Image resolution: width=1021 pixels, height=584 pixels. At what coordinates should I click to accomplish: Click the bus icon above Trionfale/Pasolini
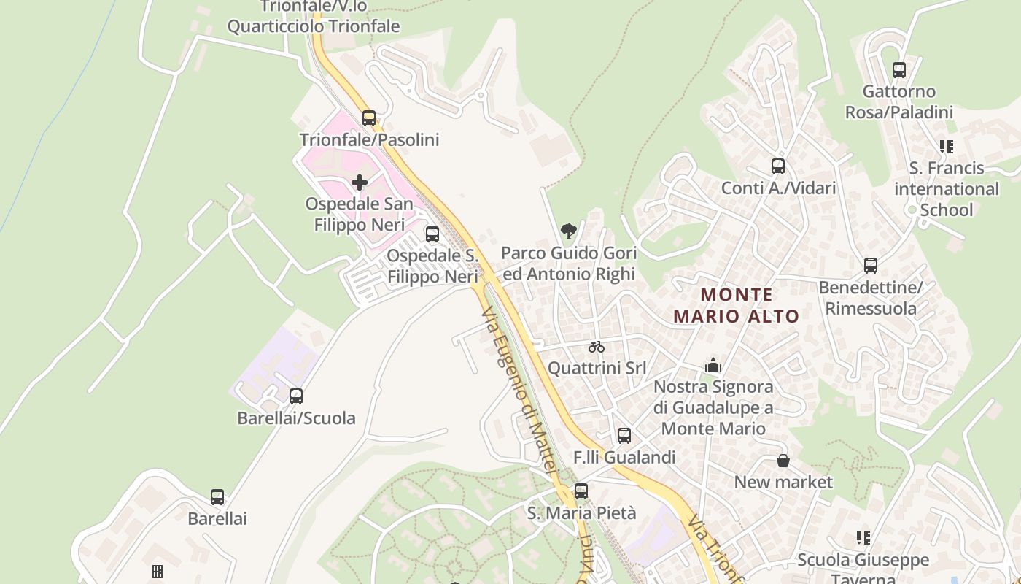pyautogui.click(x=369, y=118)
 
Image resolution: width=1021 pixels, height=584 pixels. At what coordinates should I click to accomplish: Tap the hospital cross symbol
pyautogui.click(x=360, y=182)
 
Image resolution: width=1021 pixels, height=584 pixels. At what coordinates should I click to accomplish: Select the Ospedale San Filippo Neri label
pyautogui.click(x=359, y=214)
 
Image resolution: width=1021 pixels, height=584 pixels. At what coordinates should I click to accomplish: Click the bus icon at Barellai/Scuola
pyautogui.click(x=296, y=396)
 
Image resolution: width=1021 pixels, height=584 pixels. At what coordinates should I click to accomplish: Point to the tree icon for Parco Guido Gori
pyautogui.click(x=569, y=232)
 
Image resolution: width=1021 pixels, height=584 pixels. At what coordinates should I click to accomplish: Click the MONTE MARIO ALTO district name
pyautogui.click(x=737, y=305)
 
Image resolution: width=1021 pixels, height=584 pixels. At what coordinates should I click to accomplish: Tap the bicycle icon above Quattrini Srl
pyautogui.click(x=597, y=347)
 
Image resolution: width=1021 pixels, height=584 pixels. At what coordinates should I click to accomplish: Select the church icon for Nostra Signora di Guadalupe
pyautogui.click(x=713, y=365)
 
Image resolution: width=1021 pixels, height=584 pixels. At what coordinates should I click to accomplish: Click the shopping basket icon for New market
pyautogui.click(x=783, y=461)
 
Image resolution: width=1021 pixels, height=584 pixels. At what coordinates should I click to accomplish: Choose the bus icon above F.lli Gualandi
pyautogui.click(x=624, y=436)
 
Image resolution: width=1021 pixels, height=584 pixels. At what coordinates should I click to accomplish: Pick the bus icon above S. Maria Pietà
pyautogui.click(x=581, y=491)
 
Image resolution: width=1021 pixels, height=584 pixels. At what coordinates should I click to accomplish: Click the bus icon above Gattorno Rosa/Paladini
pyautogui.click(x=899, y=70)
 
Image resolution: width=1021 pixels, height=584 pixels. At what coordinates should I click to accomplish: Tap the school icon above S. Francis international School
pyautogui.click(x=947, y=147)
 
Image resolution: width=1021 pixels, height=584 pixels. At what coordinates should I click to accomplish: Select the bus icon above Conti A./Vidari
pyautogui.click(x=778, y=166)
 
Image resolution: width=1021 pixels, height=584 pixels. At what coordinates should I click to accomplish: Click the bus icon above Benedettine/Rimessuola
pyautogui.click(x=870, y=266)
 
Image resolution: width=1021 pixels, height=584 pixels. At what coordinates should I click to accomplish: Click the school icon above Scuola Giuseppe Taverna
pyautogui.click(x=863, y=538)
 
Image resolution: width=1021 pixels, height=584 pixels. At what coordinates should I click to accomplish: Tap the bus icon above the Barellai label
pyautogui.click(x=217, y=497)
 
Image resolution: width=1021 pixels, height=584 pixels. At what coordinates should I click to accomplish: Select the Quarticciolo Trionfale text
pyautogui.click(x=314, y=26)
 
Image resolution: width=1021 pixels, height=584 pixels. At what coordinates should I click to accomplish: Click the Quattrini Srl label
pyautogui.click(x=597, y=367)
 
